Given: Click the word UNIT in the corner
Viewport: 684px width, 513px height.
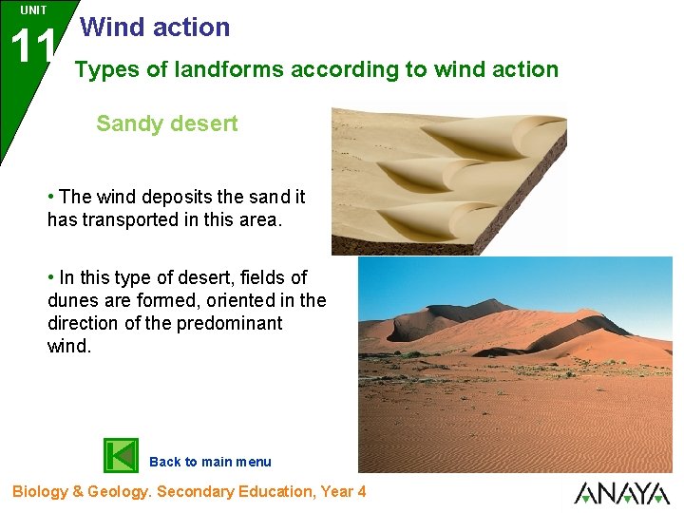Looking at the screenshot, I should (33, 10).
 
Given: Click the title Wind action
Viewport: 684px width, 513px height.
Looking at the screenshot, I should (156, 28).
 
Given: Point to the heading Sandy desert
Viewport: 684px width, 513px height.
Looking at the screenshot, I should (167, 124).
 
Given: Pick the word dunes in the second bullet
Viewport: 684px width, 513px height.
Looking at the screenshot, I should (72, 300).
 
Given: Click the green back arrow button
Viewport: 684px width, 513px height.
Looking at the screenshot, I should (121, 455).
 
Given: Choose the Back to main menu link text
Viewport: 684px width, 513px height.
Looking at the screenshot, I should (210, 462).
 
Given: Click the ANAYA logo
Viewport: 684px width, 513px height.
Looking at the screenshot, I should (621, 493).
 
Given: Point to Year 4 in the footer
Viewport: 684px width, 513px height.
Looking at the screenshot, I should (342, 491).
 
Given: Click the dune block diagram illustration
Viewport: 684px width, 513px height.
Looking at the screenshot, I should (446, 180).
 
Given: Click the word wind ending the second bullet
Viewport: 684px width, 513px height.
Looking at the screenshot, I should (69, 346).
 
